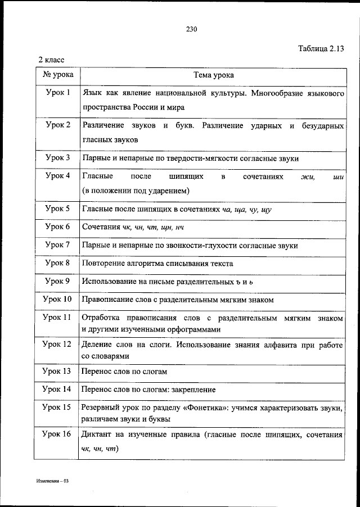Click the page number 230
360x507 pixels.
tap(191, 30)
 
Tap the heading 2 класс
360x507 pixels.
tap(52, 59)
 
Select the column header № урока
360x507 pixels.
tap(58, 74)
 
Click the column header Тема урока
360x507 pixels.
tap(213, 74)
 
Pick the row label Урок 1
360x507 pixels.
tap(58, 92)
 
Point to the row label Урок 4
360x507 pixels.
tap(58, 176)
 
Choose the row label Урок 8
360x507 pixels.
tap(58, 262)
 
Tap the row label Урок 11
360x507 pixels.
tap(58, 318)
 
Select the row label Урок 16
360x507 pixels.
tap(58, 434)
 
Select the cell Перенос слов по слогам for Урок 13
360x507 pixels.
tap(124, 371)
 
